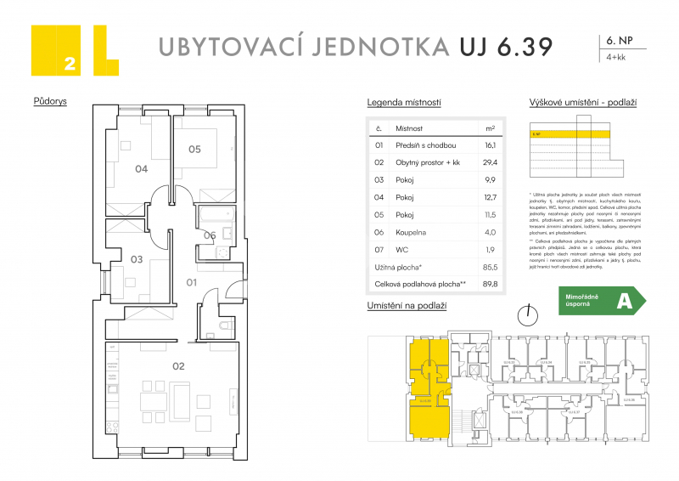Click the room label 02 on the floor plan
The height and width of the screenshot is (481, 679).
(178, 367)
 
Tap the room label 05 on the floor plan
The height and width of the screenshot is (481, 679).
(194, 150)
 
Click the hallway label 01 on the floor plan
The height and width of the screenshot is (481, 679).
(192, 281)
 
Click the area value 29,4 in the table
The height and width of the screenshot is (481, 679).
(490, 162)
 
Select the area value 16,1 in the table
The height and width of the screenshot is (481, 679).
(490, 145)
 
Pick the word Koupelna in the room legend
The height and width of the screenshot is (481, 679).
(411, 232)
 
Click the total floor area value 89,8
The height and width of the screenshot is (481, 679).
(490, 285)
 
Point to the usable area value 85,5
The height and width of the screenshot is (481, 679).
(490, 267)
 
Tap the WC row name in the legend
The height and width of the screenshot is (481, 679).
(401, 249)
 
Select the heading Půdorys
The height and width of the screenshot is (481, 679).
(50, 101)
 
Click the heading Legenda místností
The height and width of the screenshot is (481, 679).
(403, 102)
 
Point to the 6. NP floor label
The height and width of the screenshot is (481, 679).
(619, 40)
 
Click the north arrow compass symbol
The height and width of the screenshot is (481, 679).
(530, 314)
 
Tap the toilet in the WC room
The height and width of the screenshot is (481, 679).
(224, 326)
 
